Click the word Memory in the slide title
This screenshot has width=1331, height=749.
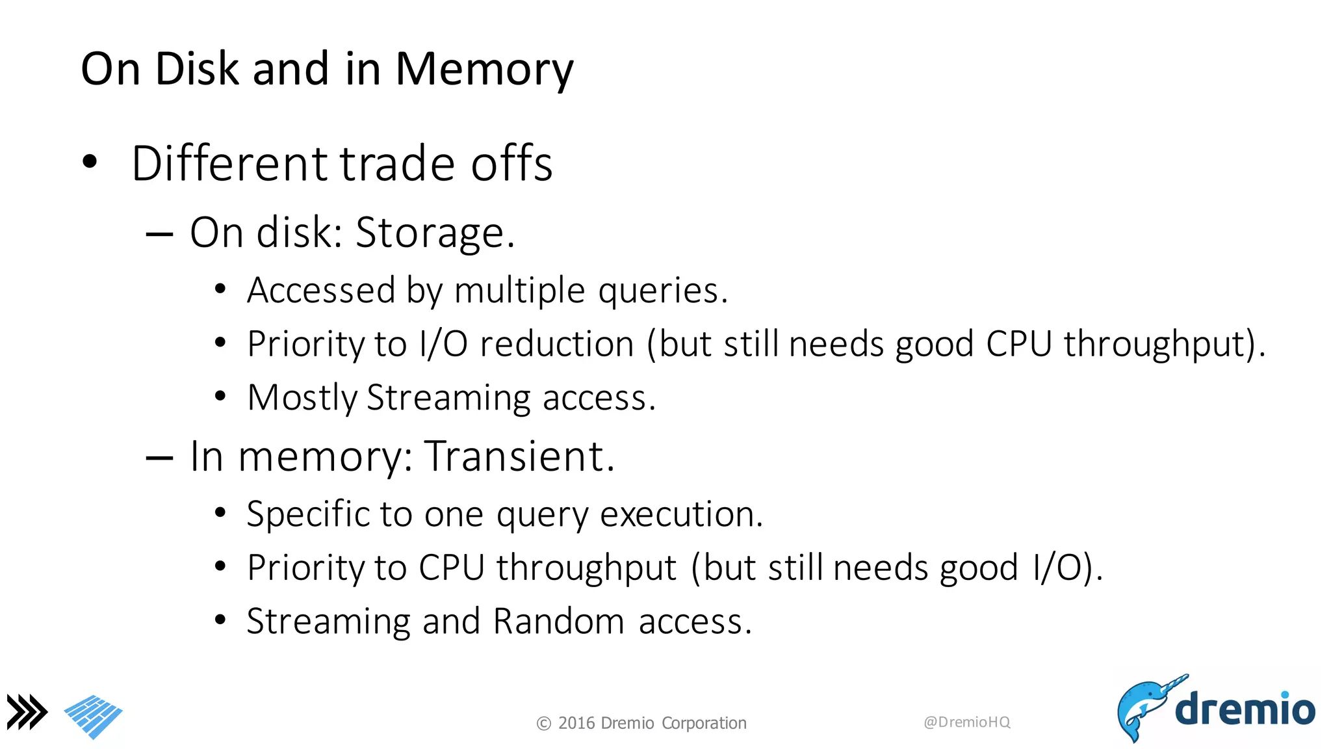484,70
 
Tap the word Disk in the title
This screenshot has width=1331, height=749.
196,68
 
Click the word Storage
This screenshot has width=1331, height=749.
435,233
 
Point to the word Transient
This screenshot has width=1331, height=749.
519,456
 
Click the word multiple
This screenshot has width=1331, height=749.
519,290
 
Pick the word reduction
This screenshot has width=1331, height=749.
557,343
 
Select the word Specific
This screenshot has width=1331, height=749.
307,514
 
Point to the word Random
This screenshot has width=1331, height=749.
558,621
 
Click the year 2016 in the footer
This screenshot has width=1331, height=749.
576,723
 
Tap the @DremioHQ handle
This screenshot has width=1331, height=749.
966,722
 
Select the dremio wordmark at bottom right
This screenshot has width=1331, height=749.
1245,709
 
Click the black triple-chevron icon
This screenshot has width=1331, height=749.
27,712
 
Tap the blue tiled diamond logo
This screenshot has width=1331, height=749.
94,716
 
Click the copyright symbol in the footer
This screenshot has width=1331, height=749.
544,724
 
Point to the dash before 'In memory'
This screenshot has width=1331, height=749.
159,458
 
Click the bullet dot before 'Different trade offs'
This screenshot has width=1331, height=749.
90,161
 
